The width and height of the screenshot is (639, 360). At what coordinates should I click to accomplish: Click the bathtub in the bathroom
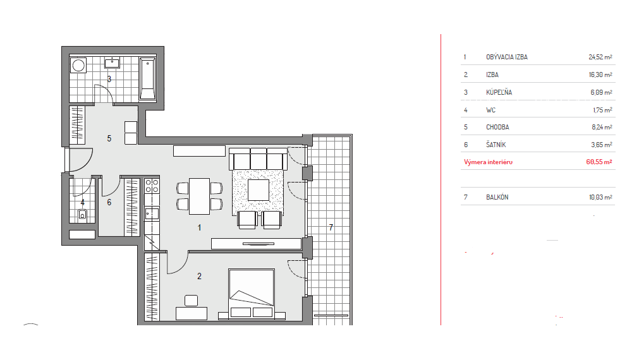tap(147, 78)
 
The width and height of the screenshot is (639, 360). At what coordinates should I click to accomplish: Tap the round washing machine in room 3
tap(78, 65)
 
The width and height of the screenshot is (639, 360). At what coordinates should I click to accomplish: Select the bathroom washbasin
tap(112, 63)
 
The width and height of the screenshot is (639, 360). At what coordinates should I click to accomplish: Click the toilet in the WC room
tap(82, 215)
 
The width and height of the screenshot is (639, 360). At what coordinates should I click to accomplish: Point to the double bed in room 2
tap(252, 293)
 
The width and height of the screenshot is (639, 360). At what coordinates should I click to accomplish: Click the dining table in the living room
tap(199, 196)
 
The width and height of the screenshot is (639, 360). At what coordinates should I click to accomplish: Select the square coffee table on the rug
tap(259, 190)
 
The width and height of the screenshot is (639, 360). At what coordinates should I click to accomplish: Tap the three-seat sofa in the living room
tap(259, 159)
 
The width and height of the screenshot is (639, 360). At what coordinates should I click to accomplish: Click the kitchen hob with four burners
tap(152, 186)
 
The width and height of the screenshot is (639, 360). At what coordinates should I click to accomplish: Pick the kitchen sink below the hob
tap(152, 214)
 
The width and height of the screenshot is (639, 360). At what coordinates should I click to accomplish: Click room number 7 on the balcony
tap(331, 227)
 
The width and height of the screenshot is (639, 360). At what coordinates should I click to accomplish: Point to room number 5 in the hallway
tap(109, 138)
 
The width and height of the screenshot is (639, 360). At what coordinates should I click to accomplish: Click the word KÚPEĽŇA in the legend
tap(499, 92)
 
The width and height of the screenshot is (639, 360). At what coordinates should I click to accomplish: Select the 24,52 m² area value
tap(600, 57)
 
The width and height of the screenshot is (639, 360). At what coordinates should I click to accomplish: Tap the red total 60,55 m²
tap(599, 162)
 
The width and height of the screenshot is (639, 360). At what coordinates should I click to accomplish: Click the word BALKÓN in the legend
tap(497, 197)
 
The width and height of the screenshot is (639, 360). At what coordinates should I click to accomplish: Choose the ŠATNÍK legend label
tap(496, 144)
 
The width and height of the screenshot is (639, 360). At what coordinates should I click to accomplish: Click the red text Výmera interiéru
tap(488, 162)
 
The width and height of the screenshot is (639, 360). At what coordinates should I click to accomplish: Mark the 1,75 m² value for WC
tap(602, 110)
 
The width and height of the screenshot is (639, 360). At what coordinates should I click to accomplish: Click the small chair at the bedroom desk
tap(191, 301)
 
